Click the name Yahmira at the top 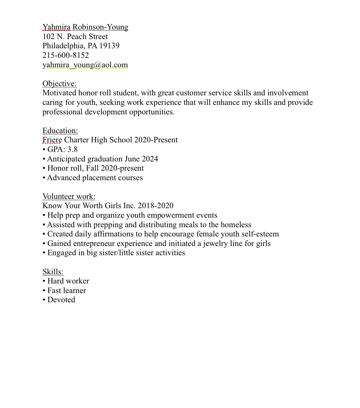point(56,27)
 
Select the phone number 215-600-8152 point(66,55)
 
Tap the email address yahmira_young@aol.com point(85,65)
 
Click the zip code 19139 point(109,46)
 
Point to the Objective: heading point(59,84)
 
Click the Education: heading point(60,131)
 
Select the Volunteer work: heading point(69,196)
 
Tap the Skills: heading point(53,272)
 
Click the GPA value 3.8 point(72,149)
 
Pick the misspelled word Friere point(52,140)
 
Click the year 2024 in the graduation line point(150,159)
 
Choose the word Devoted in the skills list point(61,300)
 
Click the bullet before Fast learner point(44,291)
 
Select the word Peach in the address point(77,37)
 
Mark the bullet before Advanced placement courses point(44,178)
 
